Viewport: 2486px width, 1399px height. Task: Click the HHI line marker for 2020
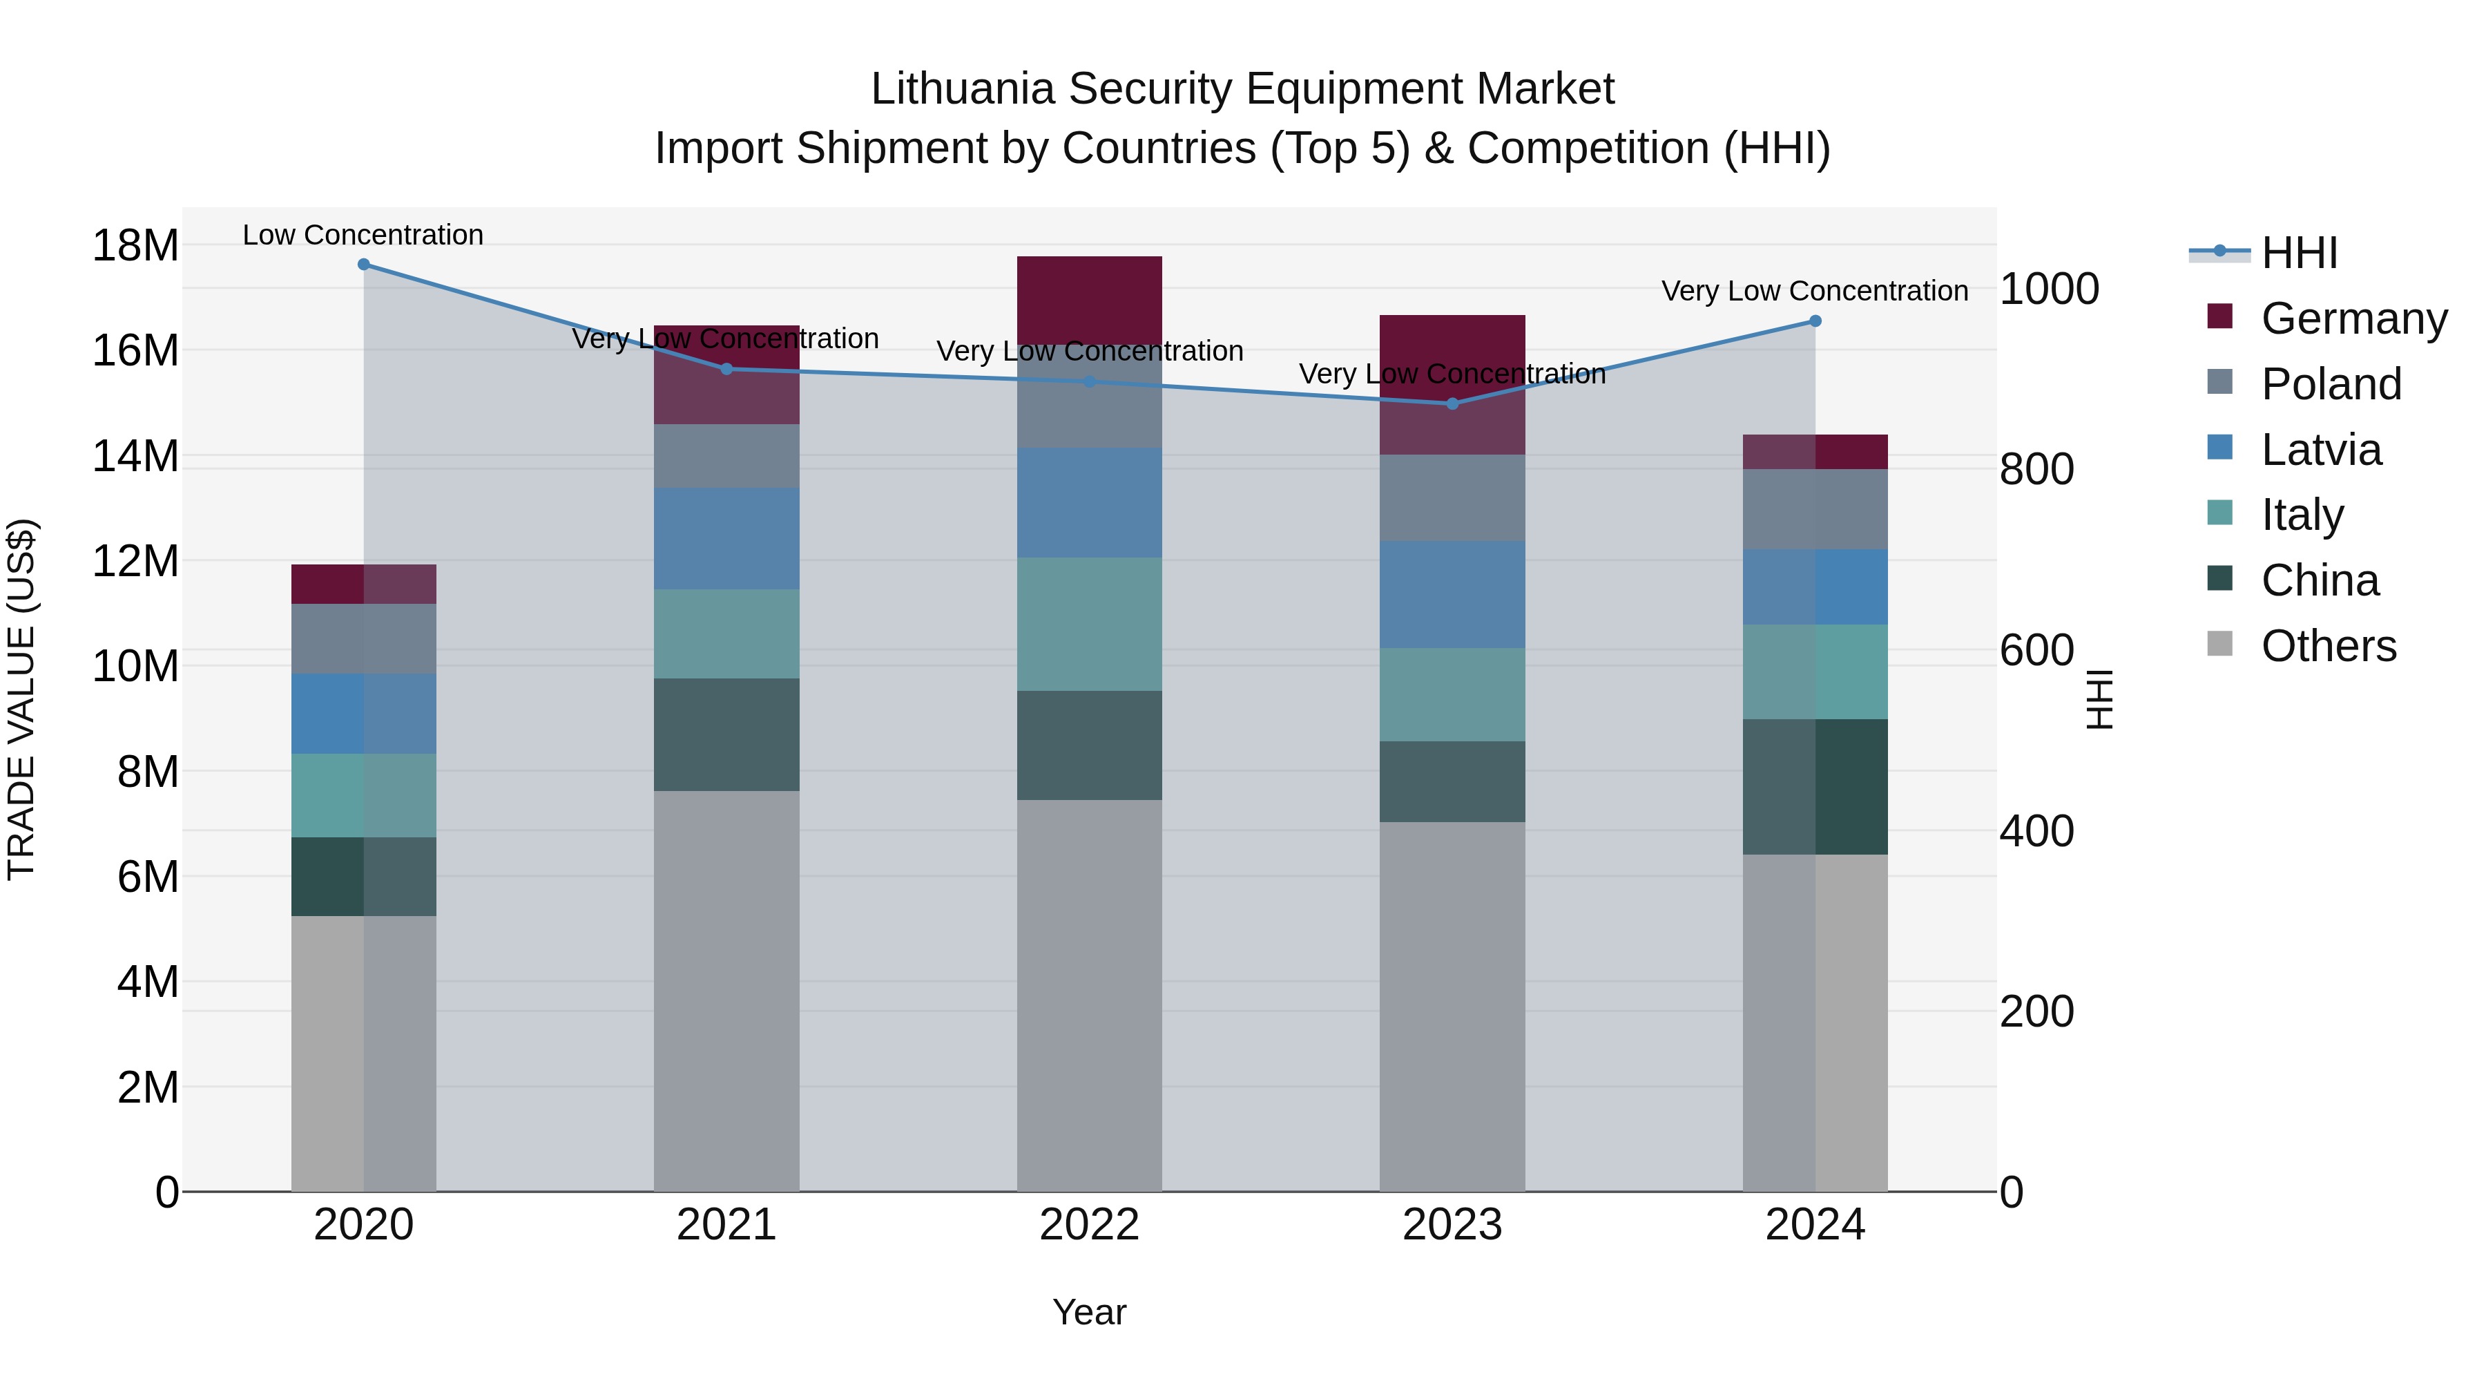pos(364,265)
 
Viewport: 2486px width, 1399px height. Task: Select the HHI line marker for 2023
pos(1452,403)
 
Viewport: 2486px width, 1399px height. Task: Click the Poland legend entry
pos(2330,384)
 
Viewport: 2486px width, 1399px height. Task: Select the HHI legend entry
pos(2297,253)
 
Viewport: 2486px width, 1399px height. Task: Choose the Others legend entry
pos(2328,646)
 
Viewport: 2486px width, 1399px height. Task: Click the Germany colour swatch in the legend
pos(2219,316)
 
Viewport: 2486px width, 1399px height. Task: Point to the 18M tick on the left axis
pos(135,245)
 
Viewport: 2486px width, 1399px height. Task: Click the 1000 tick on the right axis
pos(2049,289)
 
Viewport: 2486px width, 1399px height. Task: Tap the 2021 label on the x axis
pos(726,1225)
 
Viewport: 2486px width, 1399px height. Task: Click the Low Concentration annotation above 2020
pos(363,235)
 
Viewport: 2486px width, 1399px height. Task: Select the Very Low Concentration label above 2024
pos(1814,291)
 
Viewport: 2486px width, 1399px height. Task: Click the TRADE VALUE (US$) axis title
pos(21,699)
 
